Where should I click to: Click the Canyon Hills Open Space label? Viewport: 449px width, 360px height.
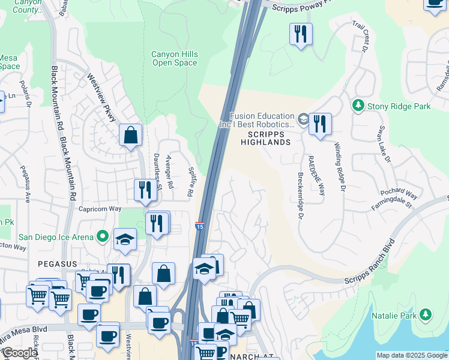coord(174,58)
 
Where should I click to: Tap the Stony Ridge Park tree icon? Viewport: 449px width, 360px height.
coord(359,106)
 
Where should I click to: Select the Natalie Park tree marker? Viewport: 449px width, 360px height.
coord(426,314)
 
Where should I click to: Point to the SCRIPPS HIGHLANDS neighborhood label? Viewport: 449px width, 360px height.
coord(265,137)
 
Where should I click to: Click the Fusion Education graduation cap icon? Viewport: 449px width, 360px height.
coord(303,119)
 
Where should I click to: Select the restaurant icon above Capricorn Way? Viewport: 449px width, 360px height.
coord(145,189)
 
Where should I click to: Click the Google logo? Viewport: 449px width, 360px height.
coord(20,353)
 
